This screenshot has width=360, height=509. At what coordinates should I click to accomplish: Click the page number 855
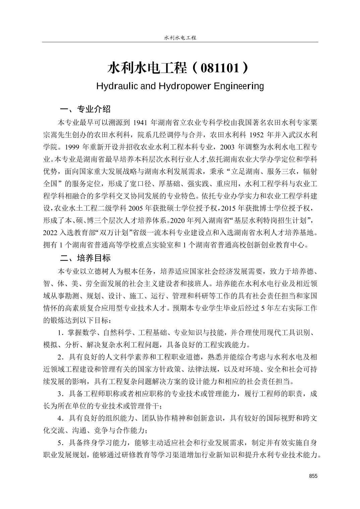click(313, 476)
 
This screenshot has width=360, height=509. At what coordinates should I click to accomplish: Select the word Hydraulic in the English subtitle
click(116, 86)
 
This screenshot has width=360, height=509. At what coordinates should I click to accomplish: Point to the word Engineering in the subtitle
click(239, 86)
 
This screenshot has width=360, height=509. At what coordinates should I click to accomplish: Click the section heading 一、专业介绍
click(85, 109)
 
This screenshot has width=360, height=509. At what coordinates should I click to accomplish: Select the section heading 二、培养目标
click(85, 258)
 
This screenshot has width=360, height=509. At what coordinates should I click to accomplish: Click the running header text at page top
click(180, 38)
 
